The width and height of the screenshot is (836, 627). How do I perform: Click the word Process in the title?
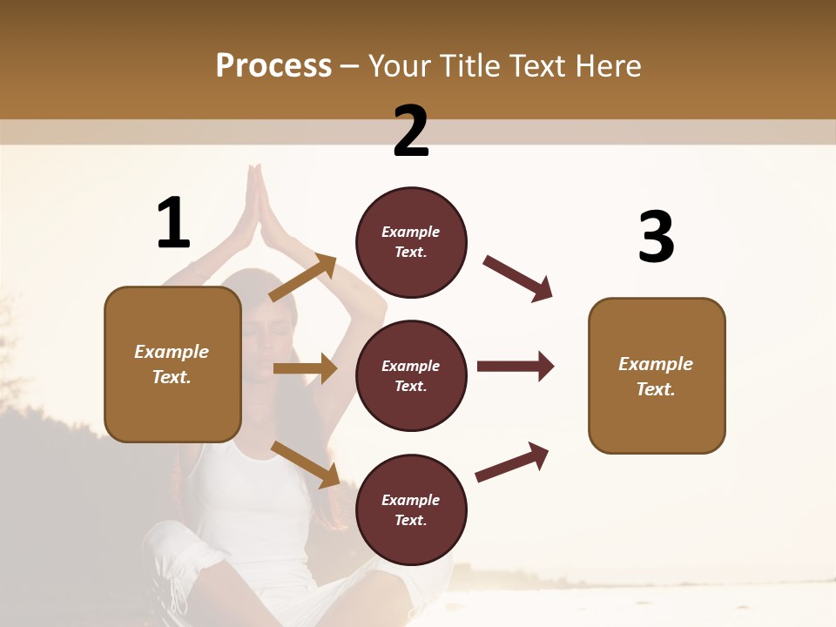(x=273, y=65)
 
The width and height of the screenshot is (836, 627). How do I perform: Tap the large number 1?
(x=173, y=224)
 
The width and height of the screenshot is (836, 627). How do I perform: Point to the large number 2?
(x=411, y=131)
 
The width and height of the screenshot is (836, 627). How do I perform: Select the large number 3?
(x=656, y=237)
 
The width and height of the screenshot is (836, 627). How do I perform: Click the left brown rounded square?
(x=172, y=364)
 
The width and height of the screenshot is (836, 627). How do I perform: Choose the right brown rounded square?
(x=657, y=376)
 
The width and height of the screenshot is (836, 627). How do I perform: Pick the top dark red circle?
(x=411, y=242)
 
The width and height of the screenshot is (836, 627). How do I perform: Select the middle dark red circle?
(x=411, y=375)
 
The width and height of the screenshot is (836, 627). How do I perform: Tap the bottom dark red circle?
(x=411, y=509)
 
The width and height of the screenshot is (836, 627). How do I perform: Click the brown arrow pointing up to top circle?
(x=303, y=278)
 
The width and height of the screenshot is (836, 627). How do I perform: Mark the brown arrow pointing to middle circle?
(x=305, y=368)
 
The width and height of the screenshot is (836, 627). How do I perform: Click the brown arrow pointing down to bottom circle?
(x=305, y=464)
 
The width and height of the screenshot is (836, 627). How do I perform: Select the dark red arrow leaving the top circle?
(x=518, y=279)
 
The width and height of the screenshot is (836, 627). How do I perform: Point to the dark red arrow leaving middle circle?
(x=515, y=366)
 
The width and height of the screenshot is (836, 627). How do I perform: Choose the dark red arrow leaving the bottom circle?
(x=512, y=462)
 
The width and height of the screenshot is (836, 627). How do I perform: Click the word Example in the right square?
(x=656, y=364)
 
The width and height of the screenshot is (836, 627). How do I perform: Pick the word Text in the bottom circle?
(x=409, y=520)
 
